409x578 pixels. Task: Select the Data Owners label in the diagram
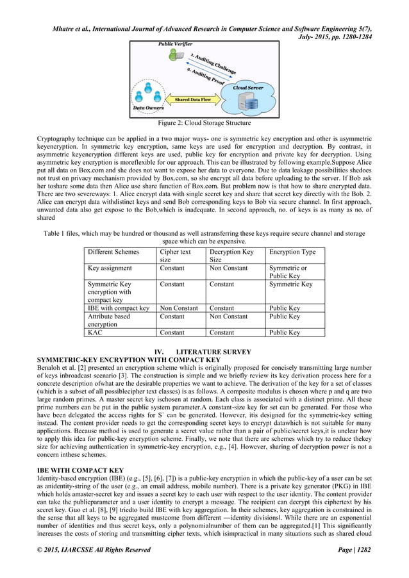(x=147, y=108)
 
